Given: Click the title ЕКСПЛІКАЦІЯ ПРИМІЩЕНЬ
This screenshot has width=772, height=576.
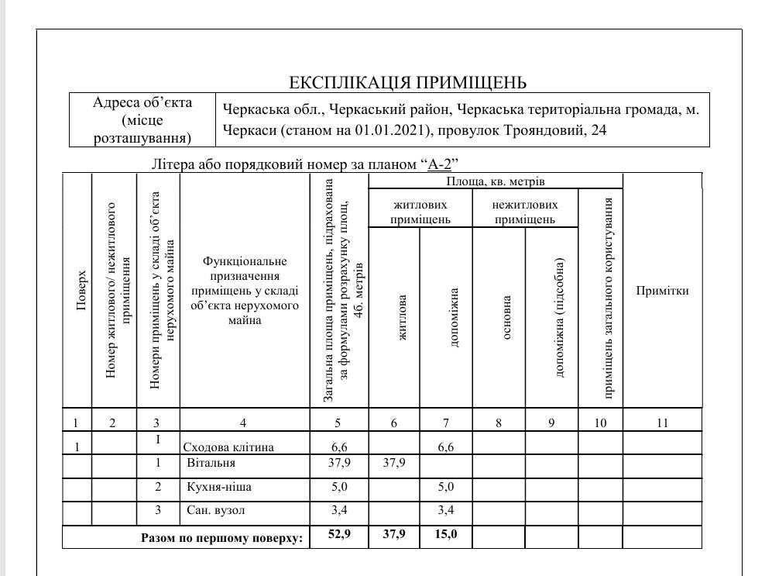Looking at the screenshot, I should pos(407,82).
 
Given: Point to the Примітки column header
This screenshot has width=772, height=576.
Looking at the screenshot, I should pos(662,291).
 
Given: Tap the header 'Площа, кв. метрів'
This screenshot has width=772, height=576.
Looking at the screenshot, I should pos(496,181).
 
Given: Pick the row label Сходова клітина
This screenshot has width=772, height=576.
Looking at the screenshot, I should pos(228,447).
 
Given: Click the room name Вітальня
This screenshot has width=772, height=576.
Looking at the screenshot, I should pos(211,464).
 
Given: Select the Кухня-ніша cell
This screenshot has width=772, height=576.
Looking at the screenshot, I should pos(219,488).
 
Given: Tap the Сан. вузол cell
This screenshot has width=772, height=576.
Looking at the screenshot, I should pos(216,511).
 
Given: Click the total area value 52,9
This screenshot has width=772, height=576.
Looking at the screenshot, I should pos(338,534).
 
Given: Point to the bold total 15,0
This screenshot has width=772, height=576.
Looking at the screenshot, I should pos(446,534).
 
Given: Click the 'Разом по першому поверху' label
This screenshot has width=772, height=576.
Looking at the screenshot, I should pos(221,537).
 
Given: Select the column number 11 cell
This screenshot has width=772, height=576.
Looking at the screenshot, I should pos(662,423).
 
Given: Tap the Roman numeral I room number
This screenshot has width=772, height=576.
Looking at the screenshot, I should pos(158,440).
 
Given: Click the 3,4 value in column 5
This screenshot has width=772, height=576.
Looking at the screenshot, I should pos(338,511).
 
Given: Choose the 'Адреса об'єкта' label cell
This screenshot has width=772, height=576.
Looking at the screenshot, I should pos(142,120).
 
